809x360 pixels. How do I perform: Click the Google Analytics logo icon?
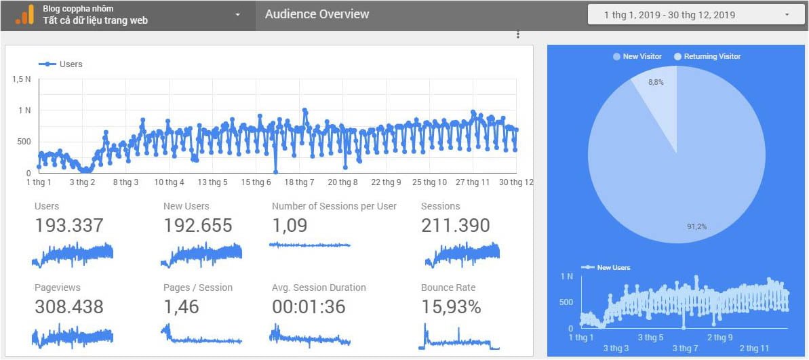24,14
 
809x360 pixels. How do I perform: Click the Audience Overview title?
317,14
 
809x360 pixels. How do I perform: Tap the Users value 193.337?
69,226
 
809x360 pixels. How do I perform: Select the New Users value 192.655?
199,226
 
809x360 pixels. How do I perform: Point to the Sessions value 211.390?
455,226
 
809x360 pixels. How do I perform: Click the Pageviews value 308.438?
69,307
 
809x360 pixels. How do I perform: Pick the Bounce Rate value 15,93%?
451,307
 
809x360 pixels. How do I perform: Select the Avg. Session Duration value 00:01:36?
309,307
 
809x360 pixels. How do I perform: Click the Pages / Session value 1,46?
181,307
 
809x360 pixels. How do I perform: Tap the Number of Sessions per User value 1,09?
290,226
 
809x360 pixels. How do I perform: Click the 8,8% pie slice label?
656,82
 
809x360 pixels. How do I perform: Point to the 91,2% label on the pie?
696,226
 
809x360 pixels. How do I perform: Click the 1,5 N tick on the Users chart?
22,79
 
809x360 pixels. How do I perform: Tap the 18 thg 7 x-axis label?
299,182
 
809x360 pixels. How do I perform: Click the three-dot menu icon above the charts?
518,35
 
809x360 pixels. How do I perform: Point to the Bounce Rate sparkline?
459,337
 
